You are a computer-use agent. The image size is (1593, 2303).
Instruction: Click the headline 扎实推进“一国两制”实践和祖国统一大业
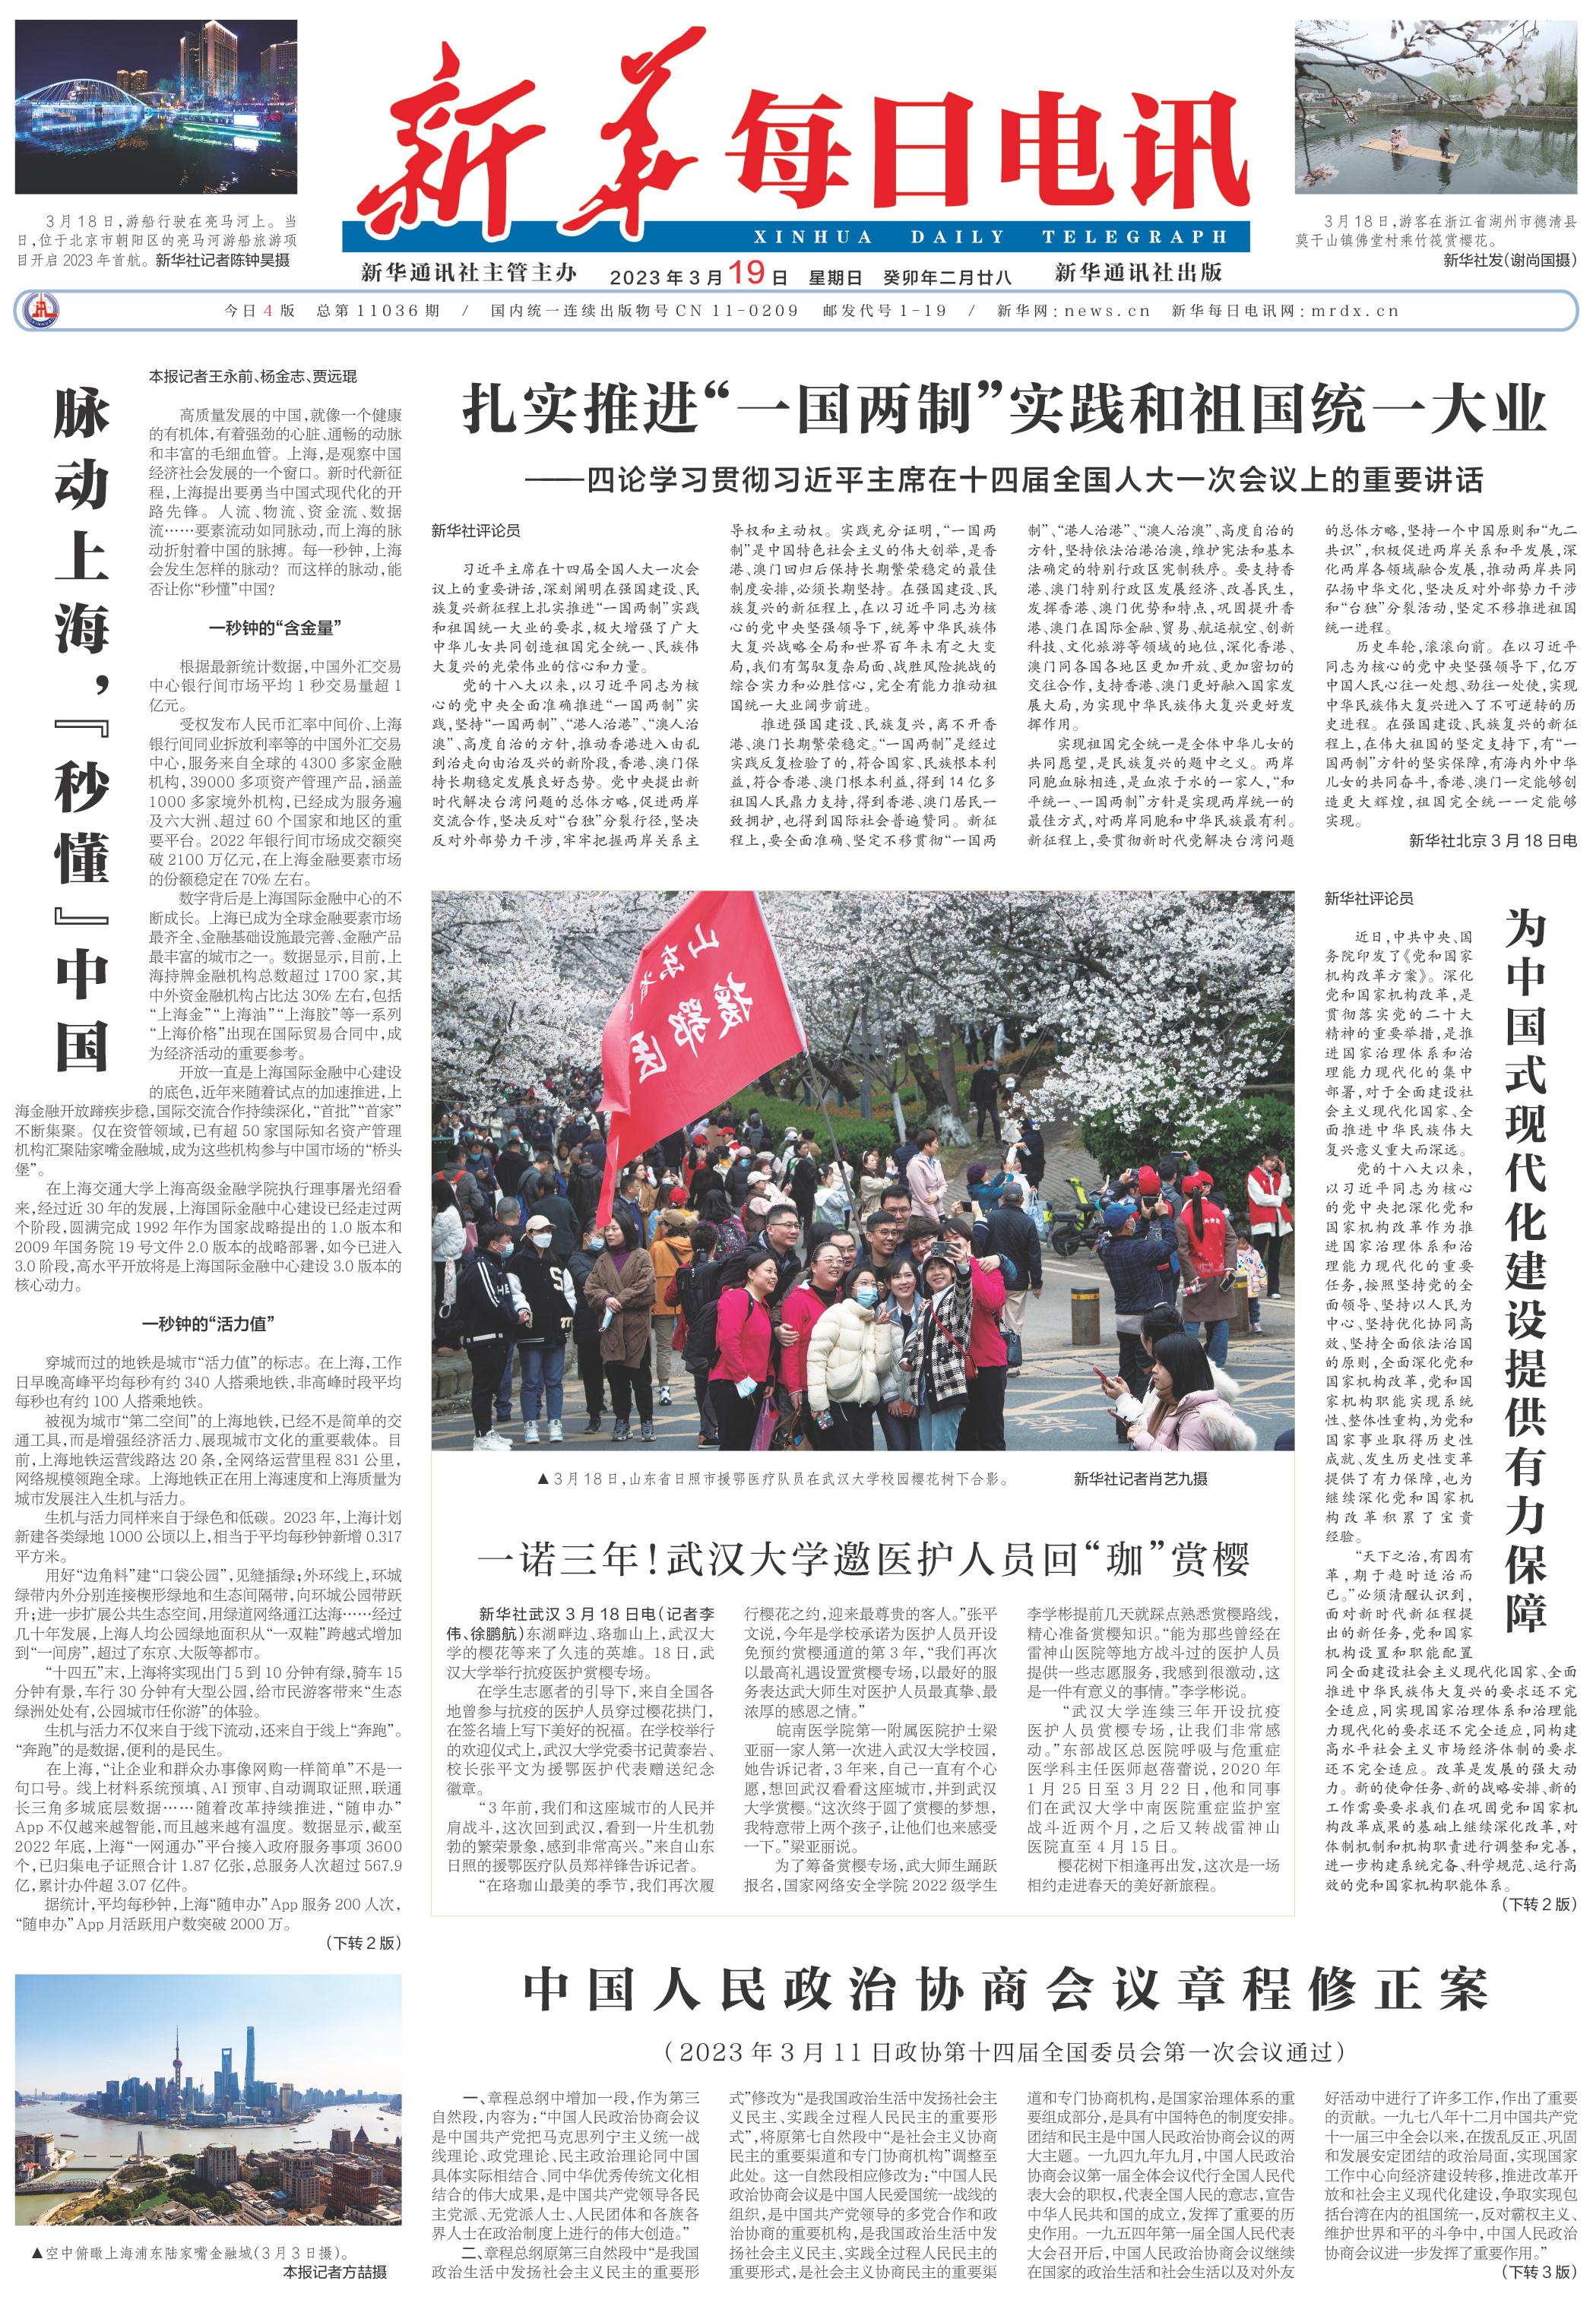coord(1003,412)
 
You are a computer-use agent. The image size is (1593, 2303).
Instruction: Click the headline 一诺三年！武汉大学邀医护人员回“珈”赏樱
coord(863,1558)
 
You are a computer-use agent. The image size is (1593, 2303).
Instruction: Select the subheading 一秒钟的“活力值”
coord(208,1324)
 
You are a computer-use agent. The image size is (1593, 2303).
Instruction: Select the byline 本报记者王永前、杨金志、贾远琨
coord(252,377)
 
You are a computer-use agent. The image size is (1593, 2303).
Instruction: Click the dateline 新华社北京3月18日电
coord(1492,841)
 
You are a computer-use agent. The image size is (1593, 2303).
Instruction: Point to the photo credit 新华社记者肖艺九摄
coord(1140,1479)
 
